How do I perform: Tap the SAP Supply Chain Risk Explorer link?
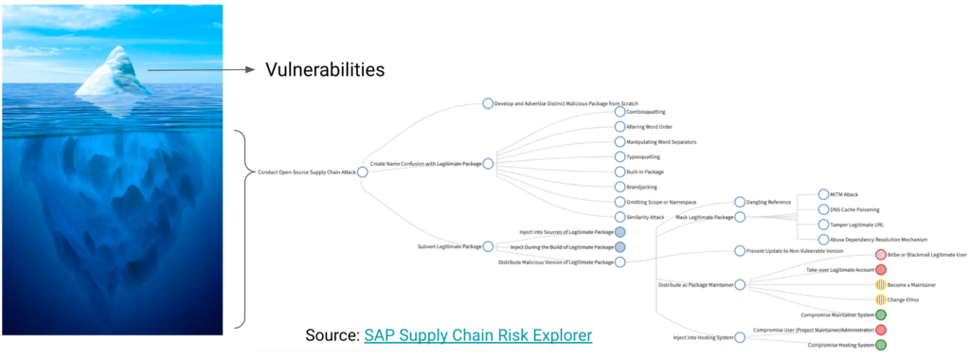477,334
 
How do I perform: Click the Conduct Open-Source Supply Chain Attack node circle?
362,172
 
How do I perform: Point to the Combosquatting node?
620,112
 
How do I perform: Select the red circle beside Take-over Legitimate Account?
881,270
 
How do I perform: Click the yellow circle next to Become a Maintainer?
881,284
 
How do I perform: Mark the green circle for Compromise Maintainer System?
881,315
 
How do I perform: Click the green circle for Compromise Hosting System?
881,345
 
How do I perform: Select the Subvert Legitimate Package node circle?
488,246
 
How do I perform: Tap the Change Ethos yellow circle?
881,299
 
